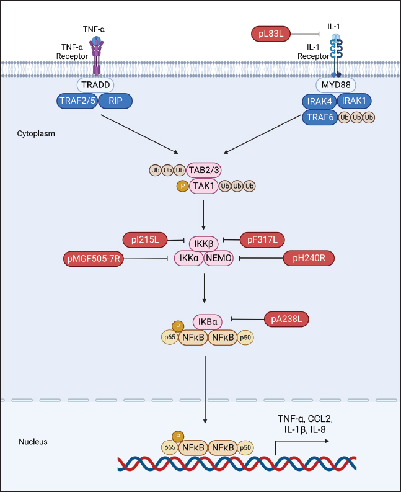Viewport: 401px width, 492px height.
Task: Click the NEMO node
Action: point(218,257)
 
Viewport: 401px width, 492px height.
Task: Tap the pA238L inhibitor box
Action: point(287,319)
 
